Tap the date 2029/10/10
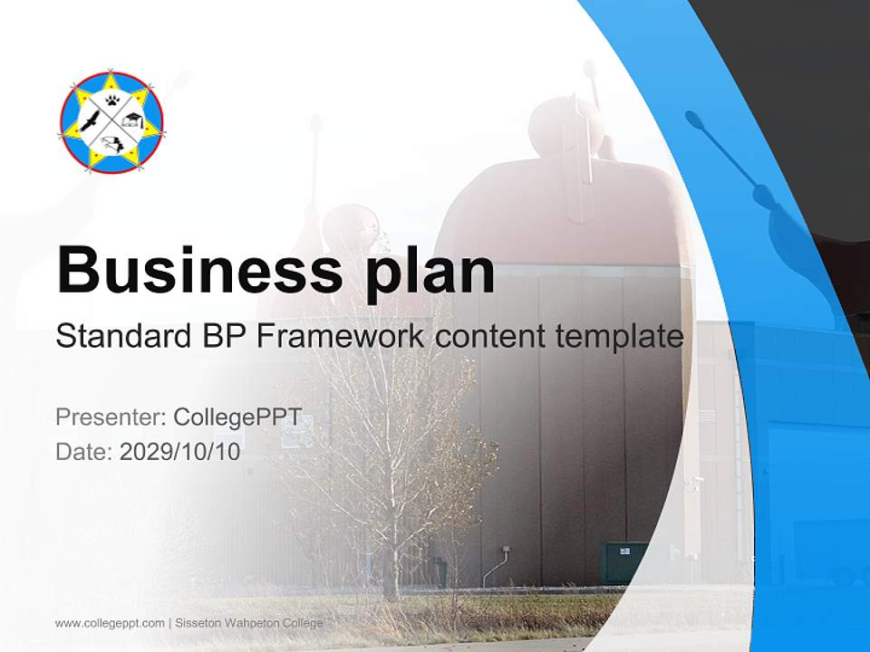pos(180,451)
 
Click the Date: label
pos(84,451)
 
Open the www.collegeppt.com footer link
pos(110,623)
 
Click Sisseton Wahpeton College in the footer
pos(248,623)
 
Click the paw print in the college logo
pos(112,101)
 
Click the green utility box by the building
pos(625,562)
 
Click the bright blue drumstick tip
pos(697,120)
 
